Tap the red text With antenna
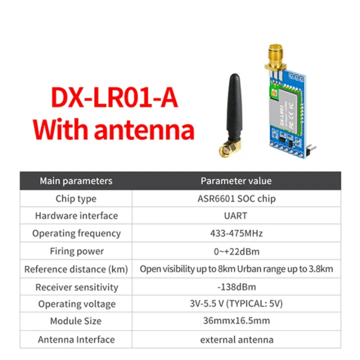coord(114,129)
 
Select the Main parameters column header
coord(76,181)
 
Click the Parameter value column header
coord(236,181)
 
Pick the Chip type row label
coord(76,198)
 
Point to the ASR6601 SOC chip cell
coord(236,198)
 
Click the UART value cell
coord(236,216)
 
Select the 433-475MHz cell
coord(236,233)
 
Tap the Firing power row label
coord(76,251)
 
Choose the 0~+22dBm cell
coord(236,251)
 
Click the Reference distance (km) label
coord(76,269)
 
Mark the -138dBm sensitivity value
coord(236,287)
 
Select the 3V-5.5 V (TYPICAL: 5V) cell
coord(236,304)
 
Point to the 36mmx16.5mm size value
coord(236,321)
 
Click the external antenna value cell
coord(236,339)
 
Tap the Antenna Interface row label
coord(76,339)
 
